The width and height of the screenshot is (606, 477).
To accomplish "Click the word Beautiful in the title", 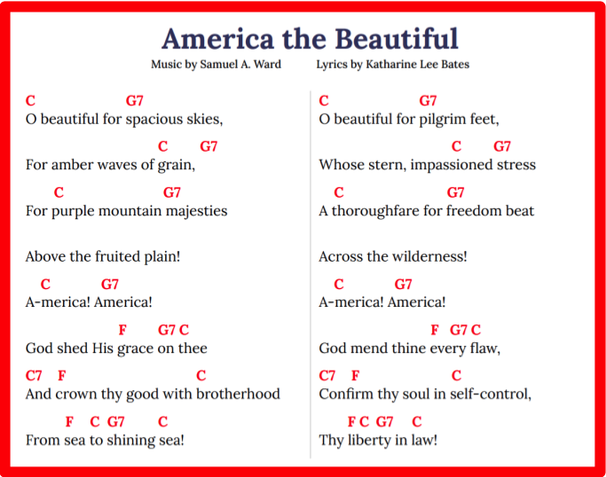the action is tap(396, 39).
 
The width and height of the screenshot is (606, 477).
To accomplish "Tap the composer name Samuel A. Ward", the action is tap(240, 64).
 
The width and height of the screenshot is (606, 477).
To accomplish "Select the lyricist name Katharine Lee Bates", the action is tap(417, 64).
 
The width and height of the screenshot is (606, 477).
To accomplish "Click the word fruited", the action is tap(117, 256).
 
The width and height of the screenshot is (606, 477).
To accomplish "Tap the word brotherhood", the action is tap(238, 394).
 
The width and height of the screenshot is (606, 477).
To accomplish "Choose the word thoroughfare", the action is tap(375, 211).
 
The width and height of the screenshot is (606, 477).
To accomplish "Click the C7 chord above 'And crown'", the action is tap(34, 375).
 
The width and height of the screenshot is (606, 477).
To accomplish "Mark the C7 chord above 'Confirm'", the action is tap(327, 375).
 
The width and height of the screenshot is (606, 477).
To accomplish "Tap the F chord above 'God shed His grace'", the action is tap(122, 330).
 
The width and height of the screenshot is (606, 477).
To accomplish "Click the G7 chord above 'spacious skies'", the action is tap(135, 101).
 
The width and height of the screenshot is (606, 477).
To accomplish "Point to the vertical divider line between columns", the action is tap(311, 274).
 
